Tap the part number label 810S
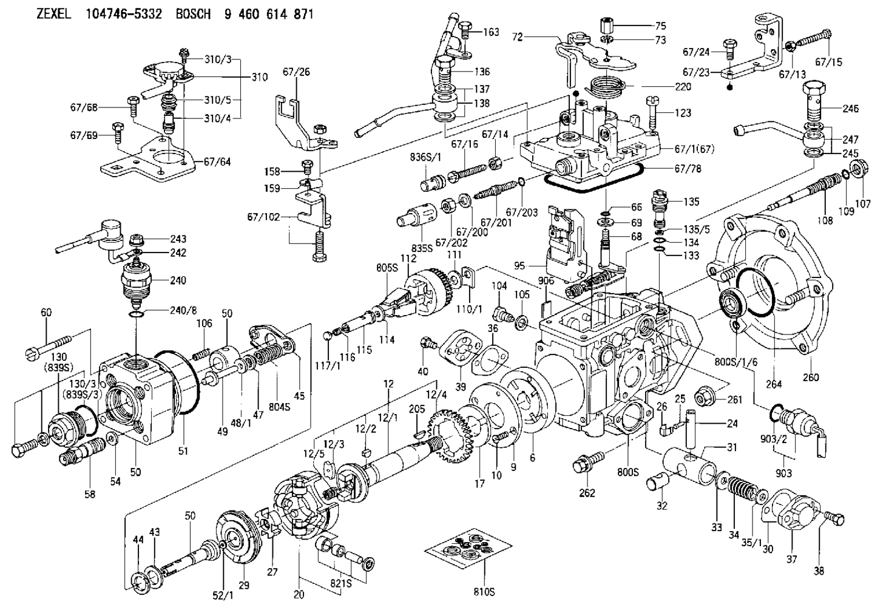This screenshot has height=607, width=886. click(485, 591)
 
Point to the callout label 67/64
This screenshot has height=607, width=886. click(217, 162)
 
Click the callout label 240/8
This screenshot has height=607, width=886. click(183, 311)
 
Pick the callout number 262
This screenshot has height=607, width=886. click(587, 493)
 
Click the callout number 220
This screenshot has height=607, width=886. click(682, 87)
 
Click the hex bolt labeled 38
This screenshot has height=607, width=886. click(835, 519)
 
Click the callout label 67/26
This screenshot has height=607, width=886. click(296, 72)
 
